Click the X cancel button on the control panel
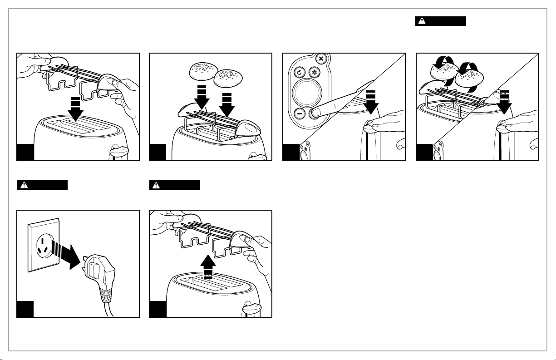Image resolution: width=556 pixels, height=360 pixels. click(x=321, y=59)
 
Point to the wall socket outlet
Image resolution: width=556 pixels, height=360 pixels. click(x=44, y=245)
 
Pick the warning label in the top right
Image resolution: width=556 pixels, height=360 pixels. click(x=441, y=21)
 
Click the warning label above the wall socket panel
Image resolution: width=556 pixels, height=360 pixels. click(x=42, y=185)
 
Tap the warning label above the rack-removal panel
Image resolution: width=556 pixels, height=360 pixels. click(x=175, y=185)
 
